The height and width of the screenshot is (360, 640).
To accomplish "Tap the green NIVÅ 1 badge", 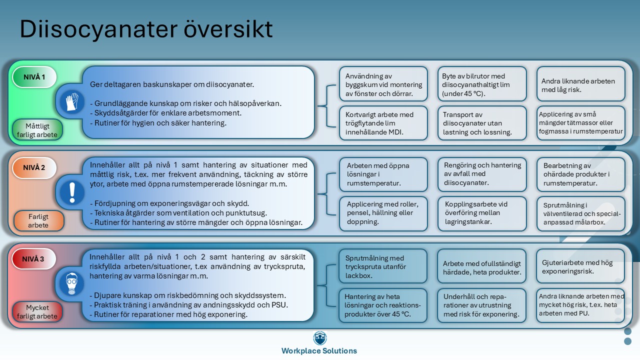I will (34, 77).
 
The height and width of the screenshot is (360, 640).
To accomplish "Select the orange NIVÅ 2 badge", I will (34, 168).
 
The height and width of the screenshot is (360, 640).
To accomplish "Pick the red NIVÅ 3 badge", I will (34, 259).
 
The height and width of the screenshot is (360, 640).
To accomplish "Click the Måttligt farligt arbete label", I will (38, 130).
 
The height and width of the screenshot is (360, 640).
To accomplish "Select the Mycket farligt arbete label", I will (38, 311).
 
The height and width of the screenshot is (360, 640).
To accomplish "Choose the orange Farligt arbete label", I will (38, 221).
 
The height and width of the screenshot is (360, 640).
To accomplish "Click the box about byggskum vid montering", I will (383, 85).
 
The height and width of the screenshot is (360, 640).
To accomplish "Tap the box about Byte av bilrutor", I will (482, 85).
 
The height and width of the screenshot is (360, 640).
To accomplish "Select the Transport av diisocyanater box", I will (482, 123).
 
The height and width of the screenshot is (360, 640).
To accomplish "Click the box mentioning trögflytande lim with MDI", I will (383, 123).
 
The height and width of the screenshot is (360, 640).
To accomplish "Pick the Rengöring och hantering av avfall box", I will (482, 174).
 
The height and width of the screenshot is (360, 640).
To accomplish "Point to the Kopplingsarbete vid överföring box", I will (482, 213).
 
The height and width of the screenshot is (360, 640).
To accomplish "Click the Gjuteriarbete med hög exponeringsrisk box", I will (580, 266).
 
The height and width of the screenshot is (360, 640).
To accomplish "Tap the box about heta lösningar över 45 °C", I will (383, 305).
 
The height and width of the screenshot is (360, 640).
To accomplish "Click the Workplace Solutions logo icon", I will (319, 338).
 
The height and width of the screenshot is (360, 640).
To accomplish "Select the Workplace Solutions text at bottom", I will (319, 351).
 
